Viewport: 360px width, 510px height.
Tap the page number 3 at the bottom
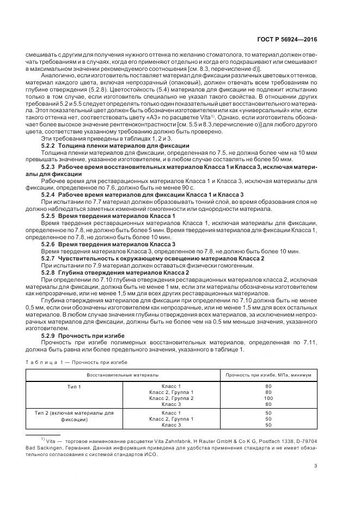point(316,465)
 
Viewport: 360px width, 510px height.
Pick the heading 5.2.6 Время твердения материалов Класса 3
point(108,244)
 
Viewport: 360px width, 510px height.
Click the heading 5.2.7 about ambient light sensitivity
point(152,258)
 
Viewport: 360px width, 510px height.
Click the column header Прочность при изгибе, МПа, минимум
point(269,375)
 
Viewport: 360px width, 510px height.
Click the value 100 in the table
point(268,398)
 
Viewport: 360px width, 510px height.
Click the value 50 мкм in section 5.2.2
point(266,159)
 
